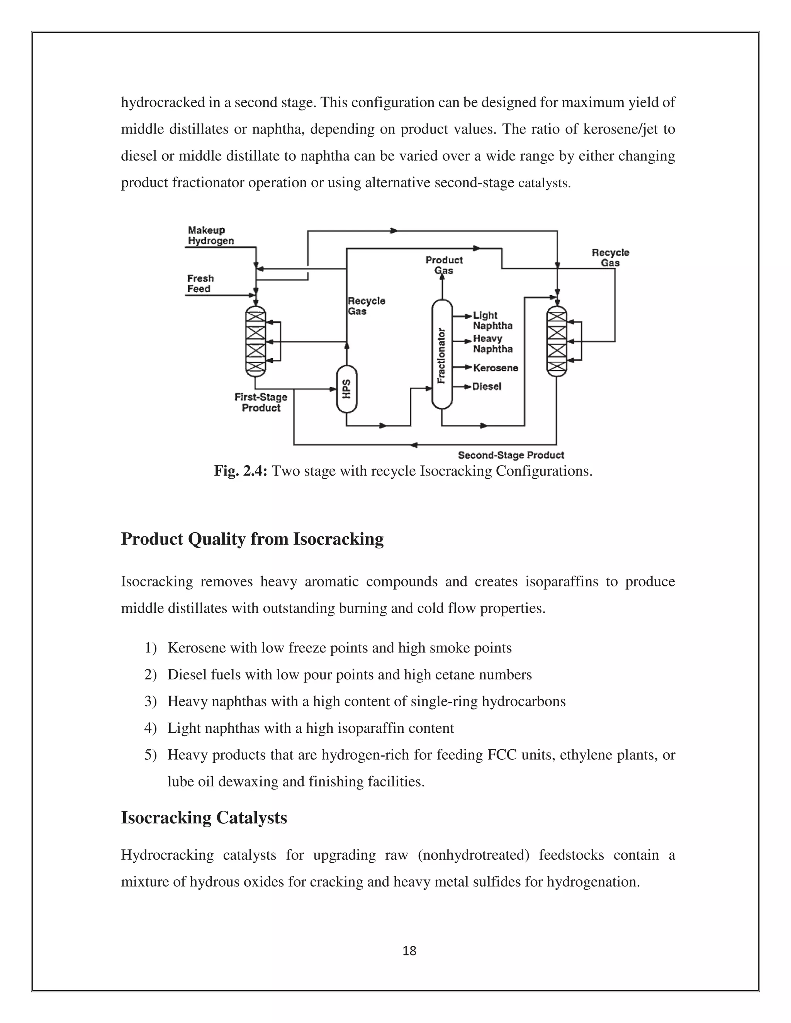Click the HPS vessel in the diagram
click(x=347, y=389)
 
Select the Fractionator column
click(x=441, y=355)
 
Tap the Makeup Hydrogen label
click(x=210, y=235)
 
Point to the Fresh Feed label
click(x=200, y=283)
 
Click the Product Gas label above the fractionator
click(x=444, y=265)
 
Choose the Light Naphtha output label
click(x=492, y=320)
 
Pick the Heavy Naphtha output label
click(x=492, y=344)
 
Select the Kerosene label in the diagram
click(x=495, y=368)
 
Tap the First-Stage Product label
click(x=261, y=402)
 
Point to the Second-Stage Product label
click(x=511, y=455)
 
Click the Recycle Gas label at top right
click(x=610, y=257)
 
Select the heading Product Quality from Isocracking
click(x=252, y=539)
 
